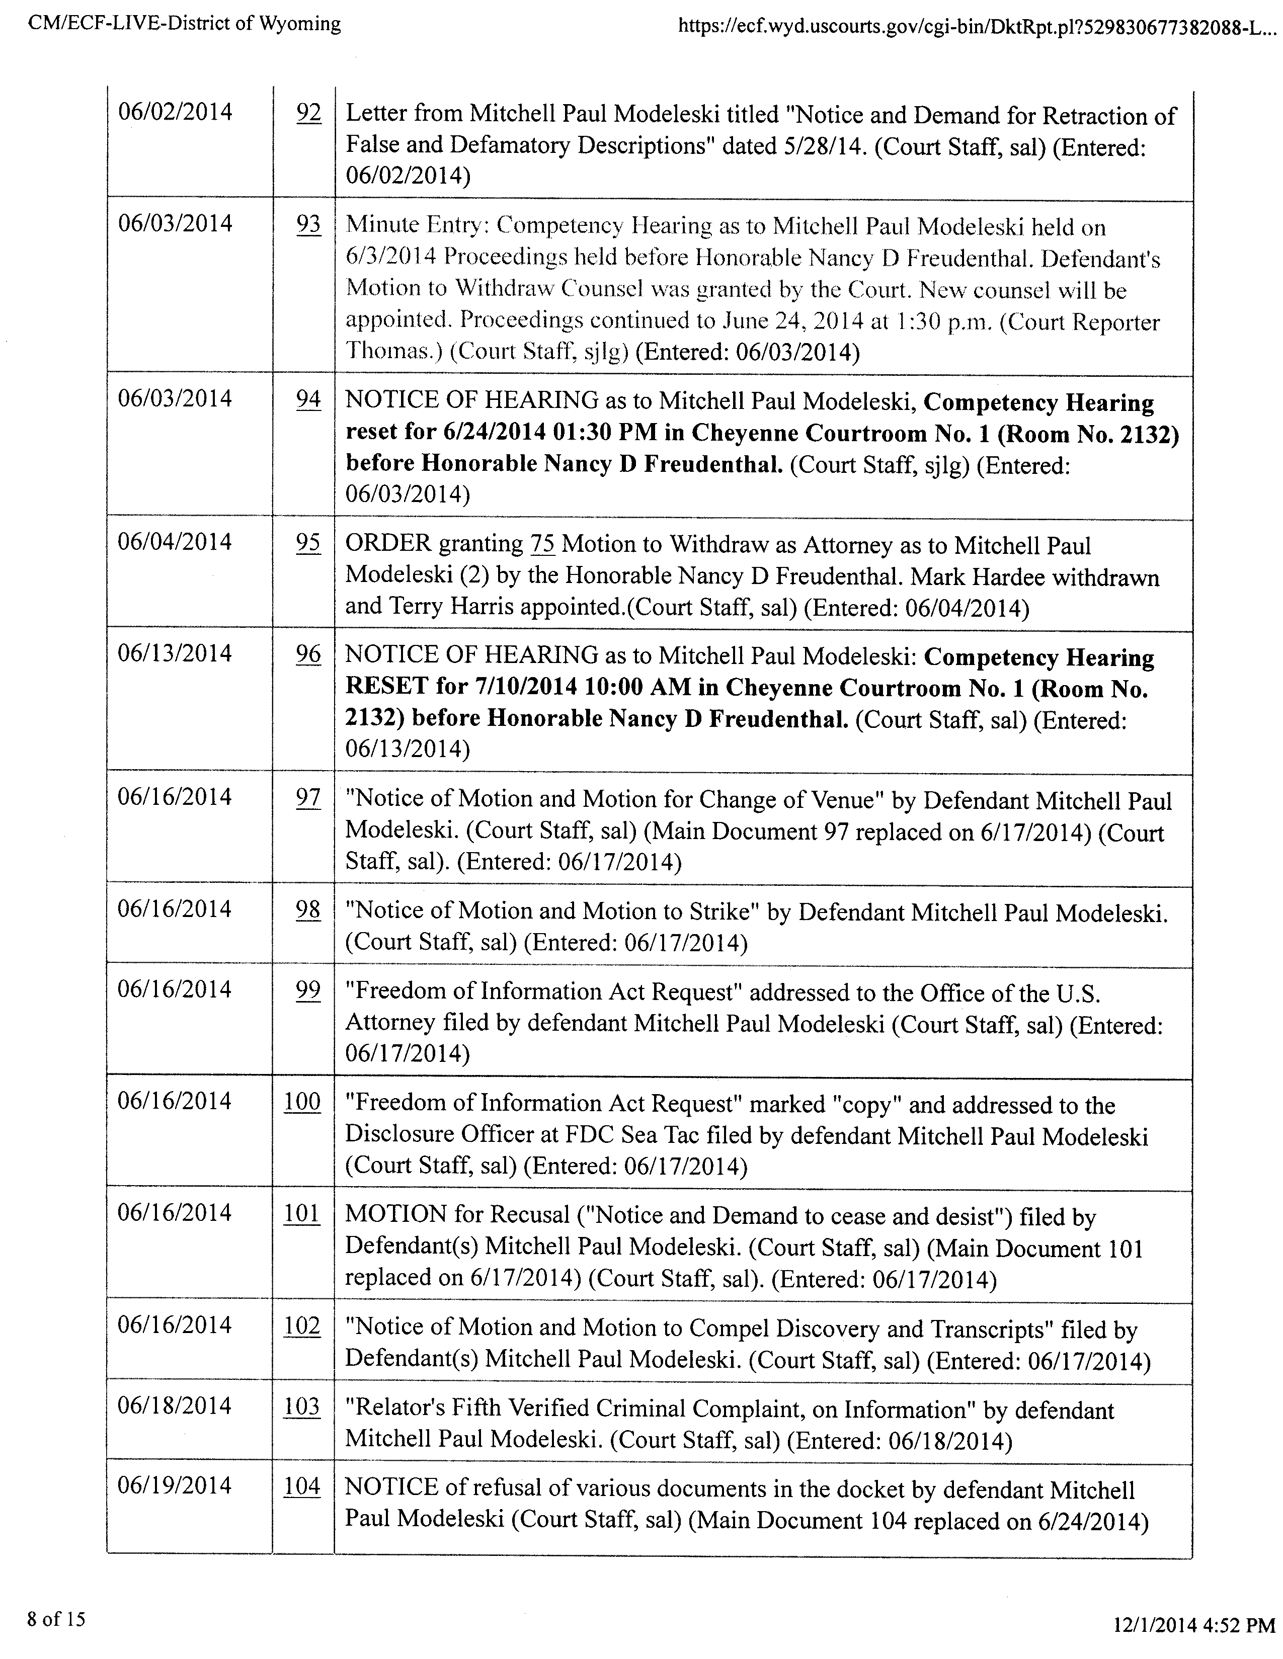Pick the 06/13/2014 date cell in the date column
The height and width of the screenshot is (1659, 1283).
tap(175, 653)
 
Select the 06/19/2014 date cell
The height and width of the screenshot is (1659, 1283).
tap(175, 1486)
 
